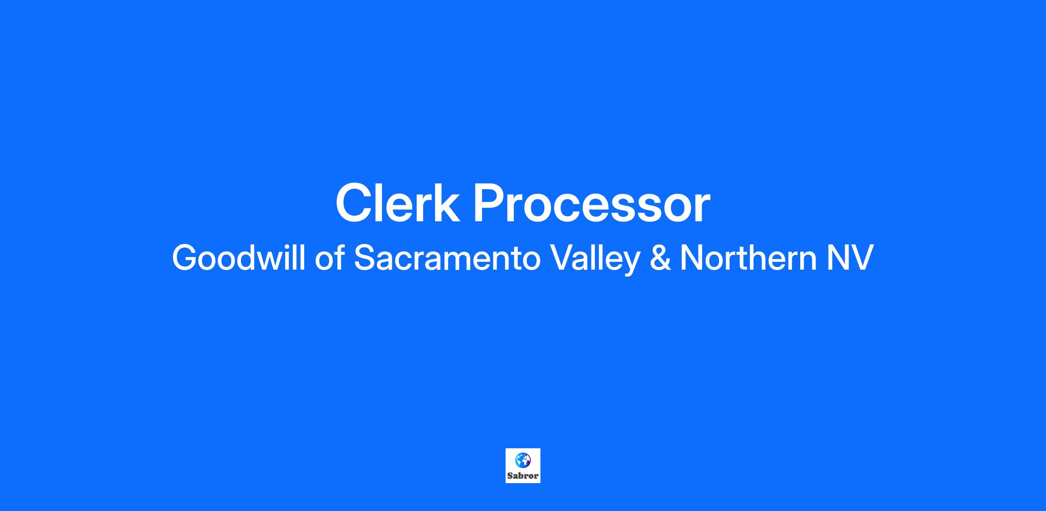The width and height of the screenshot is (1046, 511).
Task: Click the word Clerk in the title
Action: coord(397,203)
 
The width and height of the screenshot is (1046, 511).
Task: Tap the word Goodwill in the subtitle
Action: coord(238,257)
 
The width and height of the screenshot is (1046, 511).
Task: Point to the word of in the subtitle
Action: coord(329,257)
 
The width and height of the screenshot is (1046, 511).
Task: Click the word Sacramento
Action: coord(447,257)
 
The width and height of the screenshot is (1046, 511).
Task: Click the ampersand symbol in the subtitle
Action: coord(660,258)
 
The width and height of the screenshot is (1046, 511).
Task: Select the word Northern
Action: coord(748,257)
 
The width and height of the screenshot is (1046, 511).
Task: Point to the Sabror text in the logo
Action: coord(523,476)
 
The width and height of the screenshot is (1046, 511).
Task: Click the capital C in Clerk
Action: coord(354,203)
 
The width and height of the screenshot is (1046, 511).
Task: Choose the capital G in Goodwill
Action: coord(186,257)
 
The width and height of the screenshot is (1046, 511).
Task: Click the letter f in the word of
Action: coord(340,257)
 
